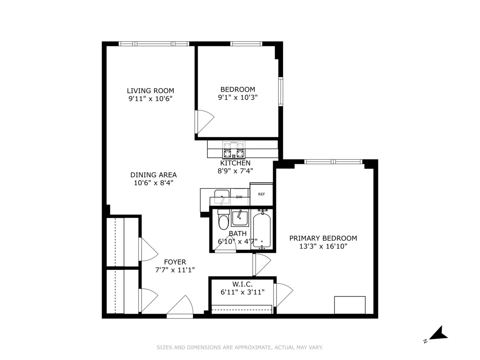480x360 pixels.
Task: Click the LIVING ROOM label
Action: (150, 91)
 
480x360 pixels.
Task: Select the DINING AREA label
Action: (153, 175)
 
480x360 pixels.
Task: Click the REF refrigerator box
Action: (261, 194)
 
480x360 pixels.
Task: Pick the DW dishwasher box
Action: (239, 197)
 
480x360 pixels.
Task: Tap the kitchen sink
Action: (220, 197)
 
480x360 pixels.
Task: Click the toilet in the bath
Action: (223, 222)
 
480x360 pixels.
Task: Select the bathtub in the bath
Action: (262, 231)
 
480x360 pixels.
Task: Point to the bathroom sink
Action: (240, 218)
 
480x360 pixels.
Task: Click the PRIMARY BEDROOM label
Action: (323, 238)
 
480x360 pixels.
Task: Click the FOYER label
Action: (175, 262)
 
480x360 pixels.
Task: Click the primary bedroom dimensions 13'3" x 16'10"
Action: (323, 246)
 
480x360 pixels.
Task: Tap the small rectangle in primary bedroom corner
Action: (350, 305)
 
